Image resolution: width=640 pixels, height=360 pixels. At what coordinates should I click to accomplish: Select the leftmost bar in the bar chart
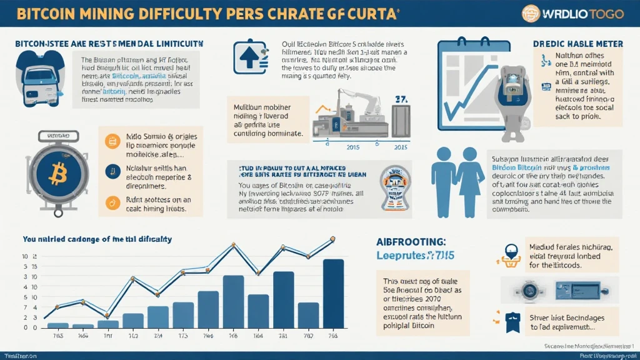click(x=57, y=325)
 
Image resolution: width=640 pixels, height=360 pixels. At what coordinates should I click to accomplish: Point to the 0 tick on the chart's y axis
click(x=26, y=327)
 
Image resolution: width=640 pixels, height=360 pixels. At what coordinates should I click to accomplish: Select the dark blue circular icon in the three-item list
click(x=112, y=169)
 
